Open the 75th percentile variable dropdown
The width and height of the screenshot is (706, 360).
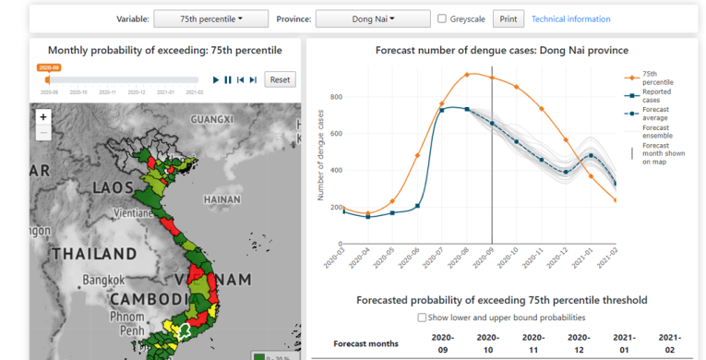click(x=210, y=18)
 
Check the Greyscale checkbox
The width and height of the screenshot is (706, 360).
click(x=443, y=18)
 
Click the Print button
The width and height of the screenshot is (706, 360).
click(x=507, y=18)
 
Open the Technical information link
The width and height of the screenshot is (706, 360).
click(x=570, y=18)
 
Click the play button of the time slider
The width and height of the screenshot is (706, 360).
click(x=216, y=80)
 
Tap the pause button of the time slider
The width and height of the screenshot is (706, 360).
click(x=228, y=80)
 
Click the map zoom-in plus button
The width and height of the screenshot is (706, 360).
click(x=43, y=117)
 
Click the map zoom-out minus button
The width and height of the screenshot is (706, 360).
click(x=43, y=133)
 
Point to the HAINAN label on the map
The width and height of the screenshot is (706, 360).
click(x=221, y=198)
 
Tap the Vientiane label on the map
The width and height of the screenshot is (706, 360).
click(x=132, y=211)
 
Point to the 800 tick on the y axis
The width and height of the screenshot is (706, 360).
click(x=336, y=97)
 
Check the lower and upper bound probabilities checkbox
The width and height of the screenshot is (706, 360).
click(x=422, y=318)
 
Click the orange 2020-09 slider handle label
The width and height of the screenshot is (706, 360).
click(x=49, y=67)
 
